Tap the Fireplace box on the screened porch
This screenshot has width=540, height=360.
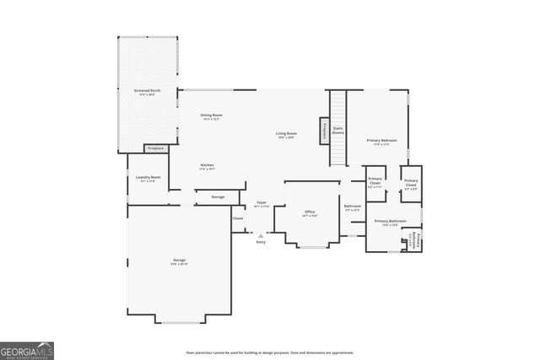pyautogui.click(x=155, y=148)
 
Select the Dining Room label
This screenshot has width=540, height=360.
pyautogui.click(x=211, y=116)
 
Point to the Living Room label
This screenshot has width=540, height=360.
pyautogui.click(x=286, y=135)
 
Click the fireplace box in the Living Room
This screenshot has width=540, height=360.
pyautogui.click(x=324, y=131)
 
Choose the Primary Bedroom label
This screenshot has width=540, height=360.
pyautogui.click(x=381, y=142)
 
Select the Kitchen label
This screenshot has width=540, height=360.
pyautogui.click(x=207, y=166)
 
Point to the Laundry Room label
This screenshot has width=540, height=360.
pyautogui.click(x=148, y=179)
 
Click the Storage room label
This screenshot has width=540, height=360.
pyautogui.click(x=218, y=197)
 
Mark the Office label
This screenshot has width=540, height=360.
pyautogui.click(x=310, y=212)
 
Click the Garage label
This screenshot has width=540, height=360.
pyautogui.click(x=180, y=261)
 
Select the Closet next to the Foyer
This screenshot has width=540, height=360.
pyautogui.click(x=238, y=218)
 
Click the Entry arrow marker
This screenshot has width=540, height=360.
pyautogui.click(x=260, y=235)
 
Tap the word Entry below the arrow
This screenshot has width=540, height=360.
pyautogui.click(x=260, y=243)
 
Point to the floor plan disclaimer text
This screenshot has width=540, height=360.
pyautogui.click(x=269, y=353)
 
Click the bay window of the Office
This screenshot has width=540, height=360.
pyautogui.click(x=312, y=247)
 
